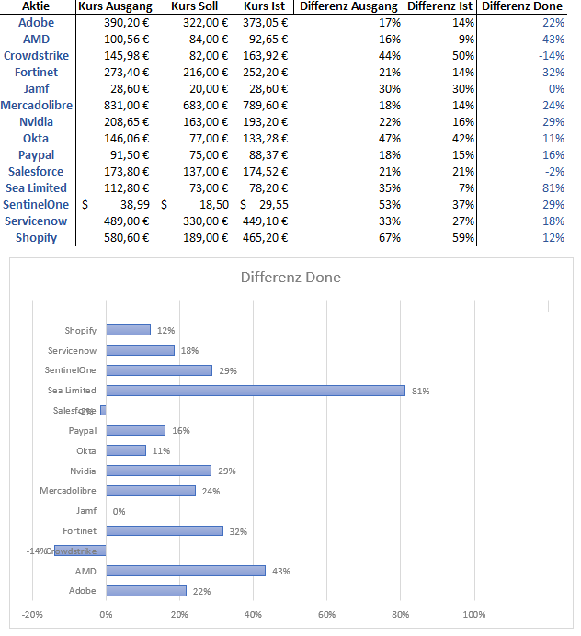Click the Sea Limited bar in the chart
click(256, 391)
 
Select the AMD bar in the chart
click(186, 571)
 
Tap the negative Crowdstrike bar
click(80, 551)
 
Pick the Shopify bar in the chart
click(128, 330)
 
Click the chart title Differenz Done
click(290, 277)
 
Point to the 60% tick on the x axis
click(326, 614)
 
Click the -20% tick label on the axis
click(32, 614)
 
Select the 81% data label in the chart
click(420, 391)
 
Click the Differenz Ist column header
click(440, 6)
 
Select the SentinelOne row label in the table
click(37, 205)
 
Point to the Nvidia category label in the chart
click(83, 471)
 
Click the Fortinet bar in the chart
click(165, 530)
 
